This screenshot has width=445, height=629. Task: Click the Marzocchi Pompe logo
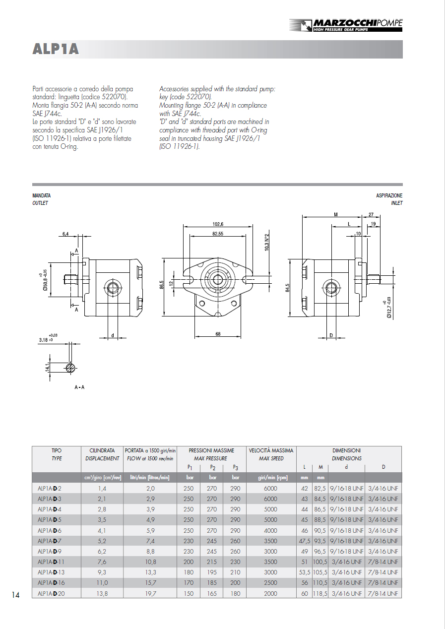(346, 25)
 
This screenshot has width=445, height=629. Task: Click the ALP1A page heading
(56, 49)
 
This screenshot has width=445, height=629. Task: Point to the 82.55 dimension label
(217, 233)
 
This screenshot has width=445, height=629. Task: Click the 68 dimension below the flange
(218, 334)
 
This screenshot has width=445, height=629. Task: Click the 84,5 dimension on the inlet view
(287, 287)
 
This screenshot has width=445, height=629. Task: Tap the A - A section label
(79, 387)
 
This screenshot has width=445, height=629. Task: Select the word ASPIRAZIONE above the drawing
(389, 196)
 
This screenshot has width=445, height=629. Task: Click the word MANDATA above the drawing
(41, 196)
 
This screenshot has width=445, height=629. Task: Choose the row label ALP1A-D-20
(51, 593)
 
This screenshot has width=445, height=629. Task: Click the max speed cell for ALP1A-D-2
(270, 488)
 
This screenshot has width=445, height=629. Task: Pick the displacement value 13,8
(102, 593)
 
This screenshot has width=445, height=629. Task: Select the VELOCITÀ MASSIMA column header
(271, 450)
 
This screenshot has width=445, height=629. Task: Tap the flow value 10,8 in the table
(150, 562)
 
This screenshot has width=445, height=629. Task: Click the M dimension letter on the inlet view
(336, 215)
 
